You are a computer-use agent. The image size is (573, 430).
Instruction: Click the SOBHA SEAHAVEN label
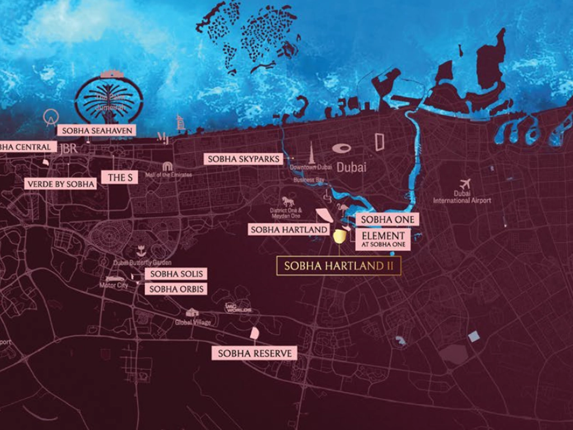click(x=97, y=130)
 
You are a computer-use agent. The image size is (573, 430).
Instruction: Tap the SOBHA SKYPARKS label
click(x=244, y=160)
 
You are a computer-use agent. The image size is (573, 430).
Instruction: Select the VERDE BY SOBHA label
click(x=60, y=184)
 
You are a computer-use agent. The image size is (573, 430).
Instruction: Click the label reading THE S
click(x=120, y=177)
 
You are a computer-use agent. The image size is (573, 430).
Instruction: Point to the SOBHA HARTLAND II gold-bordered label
click(x=339, y=266)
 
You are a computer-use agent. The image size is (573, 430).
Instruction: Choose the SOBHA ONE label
click(x=388, y=219)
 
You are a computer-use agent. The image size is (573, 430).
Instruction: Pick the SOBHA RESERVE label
click(x=255, y=353)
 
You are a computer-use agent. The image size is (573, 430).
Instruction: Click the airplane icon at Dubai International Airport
click(x=464, y=184)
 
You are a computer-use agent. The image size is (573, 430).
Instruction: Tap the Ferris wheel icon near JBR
click(x=51, y=117)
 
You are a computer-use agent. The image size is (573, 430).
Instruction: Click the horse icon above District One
click(x=289, y=201)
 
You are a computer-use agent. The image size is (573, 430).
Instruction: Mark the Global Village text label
click(x=192, y=322)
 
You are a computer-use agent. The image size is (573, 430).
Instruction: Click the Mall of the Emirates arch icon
click(x=167, y=166)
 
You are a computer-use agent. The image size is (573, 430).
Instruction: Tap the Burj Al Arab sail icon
click(x=180, y=121)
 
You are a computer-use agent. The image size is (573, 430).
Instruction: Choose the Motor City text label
click(x=114, y=286)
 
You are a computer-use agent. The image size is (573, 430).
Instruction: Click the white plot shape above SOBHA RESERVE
click(x=254, y=333)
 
